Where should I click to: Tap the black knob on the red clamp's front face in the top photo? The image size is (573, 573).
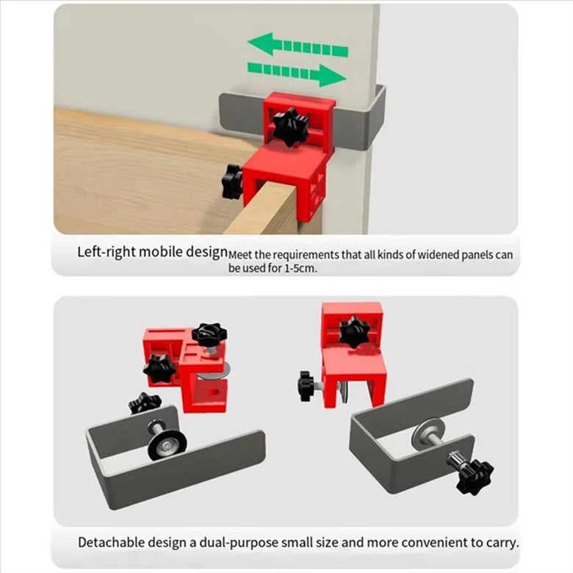pos(291,127)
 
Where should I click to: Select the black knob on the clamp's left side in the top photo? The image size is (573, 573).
pos(231,181)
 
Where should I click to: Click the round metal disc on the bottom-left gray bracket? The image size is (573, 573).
pos(167,444)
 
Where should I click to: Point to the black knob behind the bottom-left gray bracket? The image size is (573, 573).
pos(144,403)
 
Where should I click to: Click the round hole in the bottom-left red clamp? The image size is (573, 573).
pos(213,393)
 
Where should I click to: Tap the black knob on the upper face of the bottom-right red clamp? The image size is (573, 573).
pos(354,332)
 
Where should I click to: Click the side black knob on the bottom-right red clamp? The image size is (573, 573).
pos(306,386)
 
